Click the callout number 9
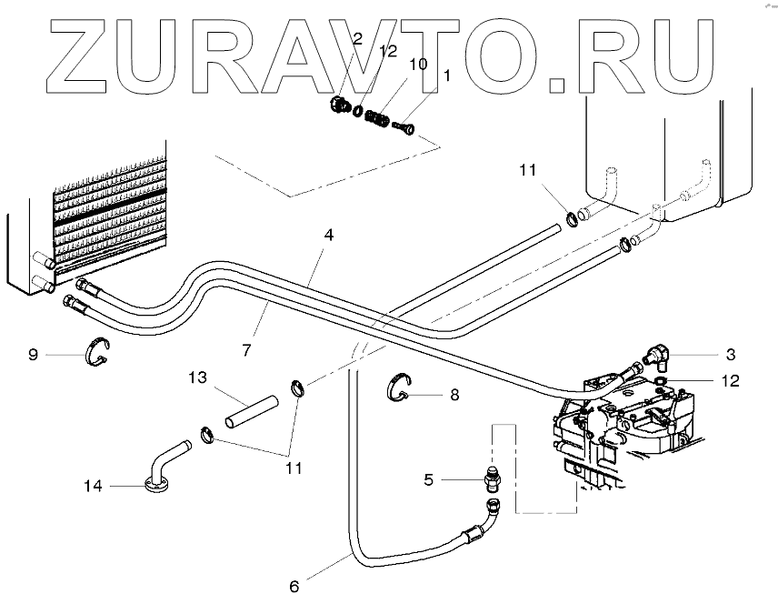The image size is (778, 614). click(34, 355)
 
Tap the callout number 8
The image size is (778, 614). click(455, 396)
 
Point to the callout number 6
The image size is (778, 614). click(294, 587)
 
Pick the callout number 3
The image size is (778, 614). click(730, 353)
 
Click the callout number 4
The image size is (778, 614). click(328, 235)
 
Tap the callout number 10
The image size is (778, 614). click(417, 65)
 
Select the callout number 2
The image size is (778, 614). click(357, 39)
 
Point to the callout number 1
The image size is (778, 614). click(445, 76)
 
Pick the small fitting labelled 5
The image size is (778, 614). click(491, 474)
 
